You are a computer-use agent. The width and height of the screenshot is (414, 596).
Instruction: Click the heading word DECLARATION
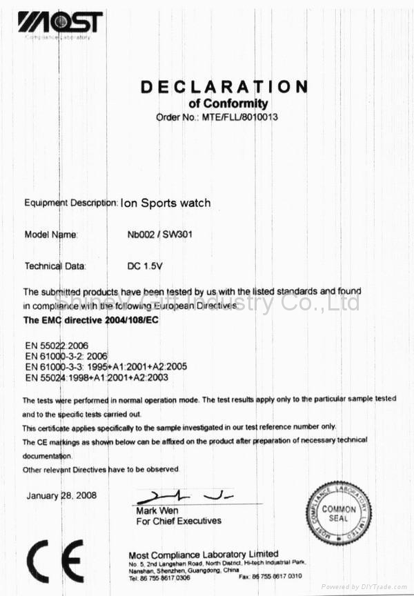[224, 86]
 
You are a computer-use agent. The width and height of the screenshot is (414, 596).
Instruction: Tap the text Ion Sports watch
[166, 203]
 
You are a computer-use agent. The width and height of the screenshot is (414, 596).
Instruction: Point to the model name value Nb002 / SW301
[159, 235]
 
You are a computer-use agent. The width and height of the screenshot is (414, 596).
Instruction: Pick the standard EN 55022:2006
[56, 344]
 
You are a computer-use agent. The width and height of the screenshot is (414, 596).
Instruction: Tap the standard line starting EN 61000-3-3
[106, 366]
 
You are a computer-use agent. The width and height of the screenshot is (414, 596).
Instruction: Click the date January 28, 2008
[61, 495]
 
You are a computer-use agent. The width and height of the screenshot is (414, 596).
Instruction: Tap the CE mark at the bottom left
[55, 562]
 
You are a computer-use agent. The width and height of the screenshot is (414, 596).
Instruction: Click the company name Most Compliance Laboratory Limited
[204, 555]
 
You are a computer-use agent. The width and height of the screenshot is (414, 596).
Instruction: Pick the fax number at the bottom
[270, 576]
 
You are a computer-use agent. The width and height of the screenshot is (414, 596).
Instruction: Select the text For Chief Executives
[179, 521]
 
